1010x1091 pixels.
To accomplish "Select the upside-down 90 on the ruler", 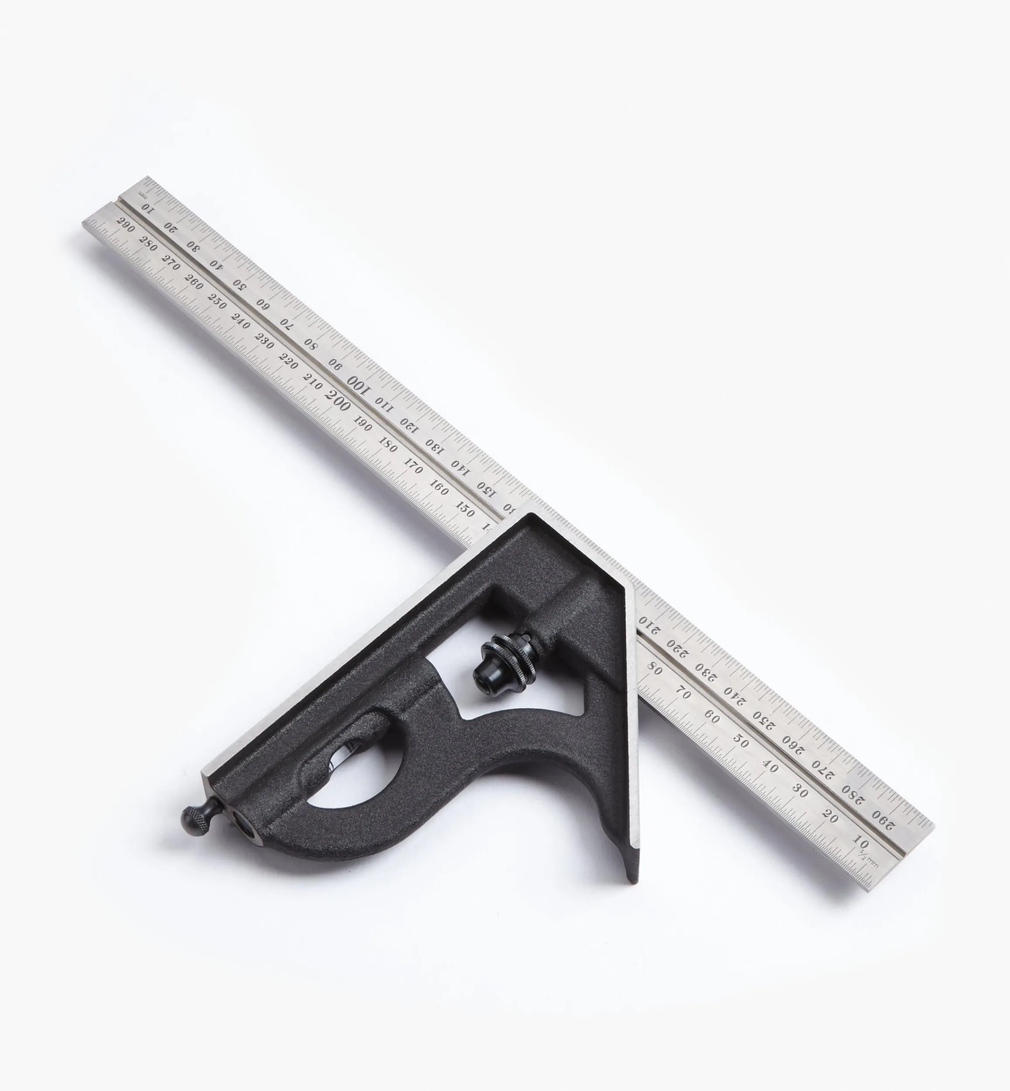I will click(x=334, y=365).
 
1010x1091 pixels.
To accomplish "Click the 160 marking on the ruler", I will click(x=439, y=486).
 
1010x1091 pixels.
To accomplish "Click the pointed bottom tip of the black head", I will click(x=632, y=879).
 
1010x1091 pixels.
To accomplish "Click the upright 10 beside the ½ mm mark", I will click(x=860, y=841).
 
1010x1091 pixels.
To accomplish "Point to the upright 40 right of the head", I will click(x=770, y=767).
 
